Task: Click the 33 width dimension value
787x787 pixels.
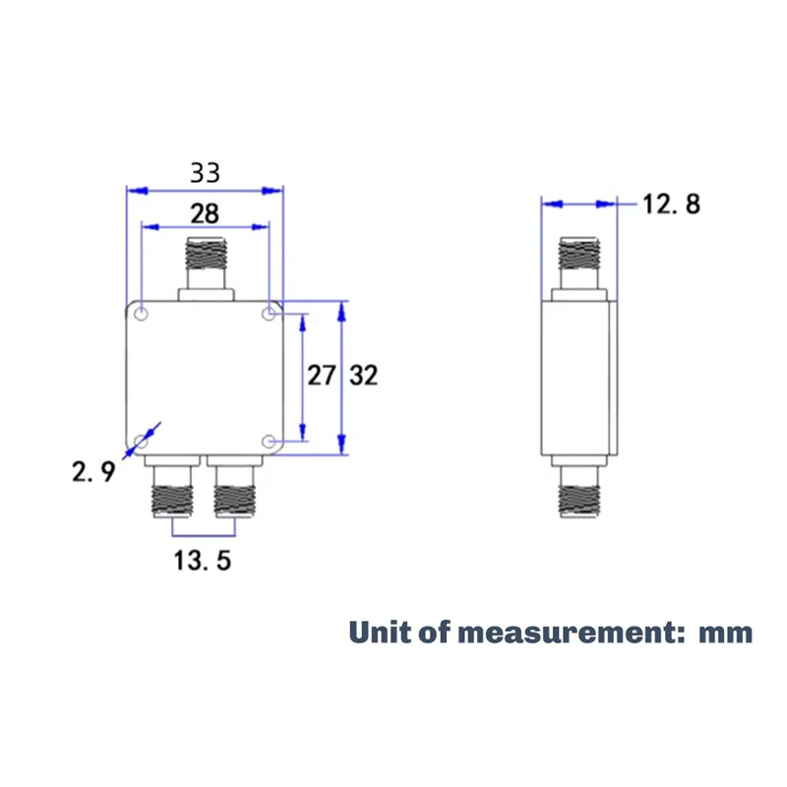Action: click(x=205, y=173)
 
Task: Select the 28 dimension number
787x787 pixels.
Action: click(x=205, y=212)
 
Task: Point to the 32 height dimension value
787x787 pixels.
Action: click(x=363, y=375)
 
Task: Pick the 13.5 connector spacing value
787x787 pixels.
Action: click(x=202, y=562)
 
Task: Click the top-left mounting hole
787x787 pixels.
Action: click(x=142, y=315)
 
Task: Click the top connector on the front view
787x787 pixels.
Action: click(x=205, y=262)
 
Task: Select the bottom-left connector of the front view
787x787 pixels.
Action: click(x=171, y=489)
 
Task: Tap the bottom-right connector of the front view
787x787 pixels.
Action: click(x=236, y=489)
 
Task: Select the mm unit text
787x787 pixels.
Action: click(x=725, y=632)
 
